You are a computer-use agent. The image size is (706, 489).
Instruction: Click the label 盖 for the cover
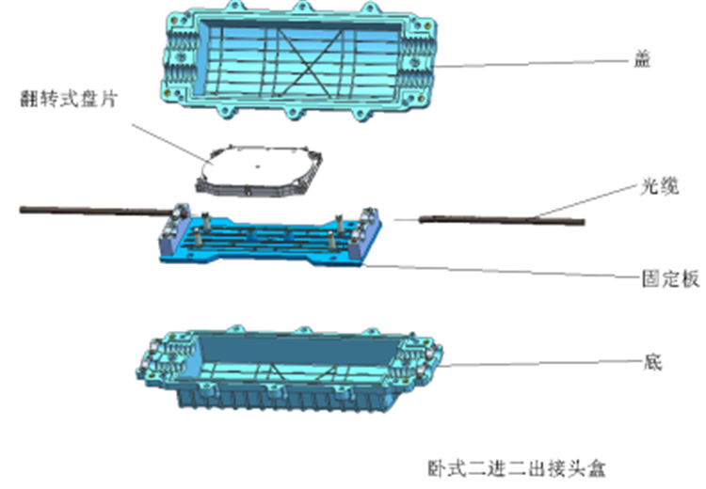tap(642, 59)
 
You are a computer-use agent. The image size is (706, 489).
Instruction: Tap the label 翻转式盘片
tap(69, 99)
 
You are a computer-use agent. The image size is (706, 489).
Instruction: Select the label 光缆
tap(659, 186)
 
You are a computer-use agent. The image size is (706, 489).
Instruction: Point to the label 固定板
tap(670, 279)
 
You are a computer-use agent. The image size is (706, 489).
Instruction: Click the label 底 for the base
tap(653, 361)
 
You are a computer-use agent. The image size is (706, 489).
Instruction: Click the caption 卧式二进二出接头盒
tap(516, 468)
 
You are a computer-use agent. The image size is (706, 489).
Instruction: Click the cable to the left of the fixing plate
tap(96, 210)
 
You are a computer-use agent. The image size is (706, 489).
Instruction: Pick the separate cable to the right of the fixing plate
tap(502, 220)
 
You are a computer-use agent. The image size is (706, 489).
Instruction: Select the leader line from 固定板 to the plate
tap(503, 272)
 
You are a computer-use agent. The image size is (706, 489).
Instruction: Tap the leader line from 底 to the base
tap(541, 363)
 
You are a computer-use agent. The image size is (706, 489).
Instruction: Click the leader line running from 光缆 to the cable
tap(586, 200)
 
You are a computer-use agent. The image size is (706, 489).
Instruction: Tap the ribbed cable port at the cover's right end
tap(416, 58)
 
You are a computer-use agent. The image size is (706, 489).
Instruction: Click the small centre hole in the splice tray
tap(258, 166)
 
